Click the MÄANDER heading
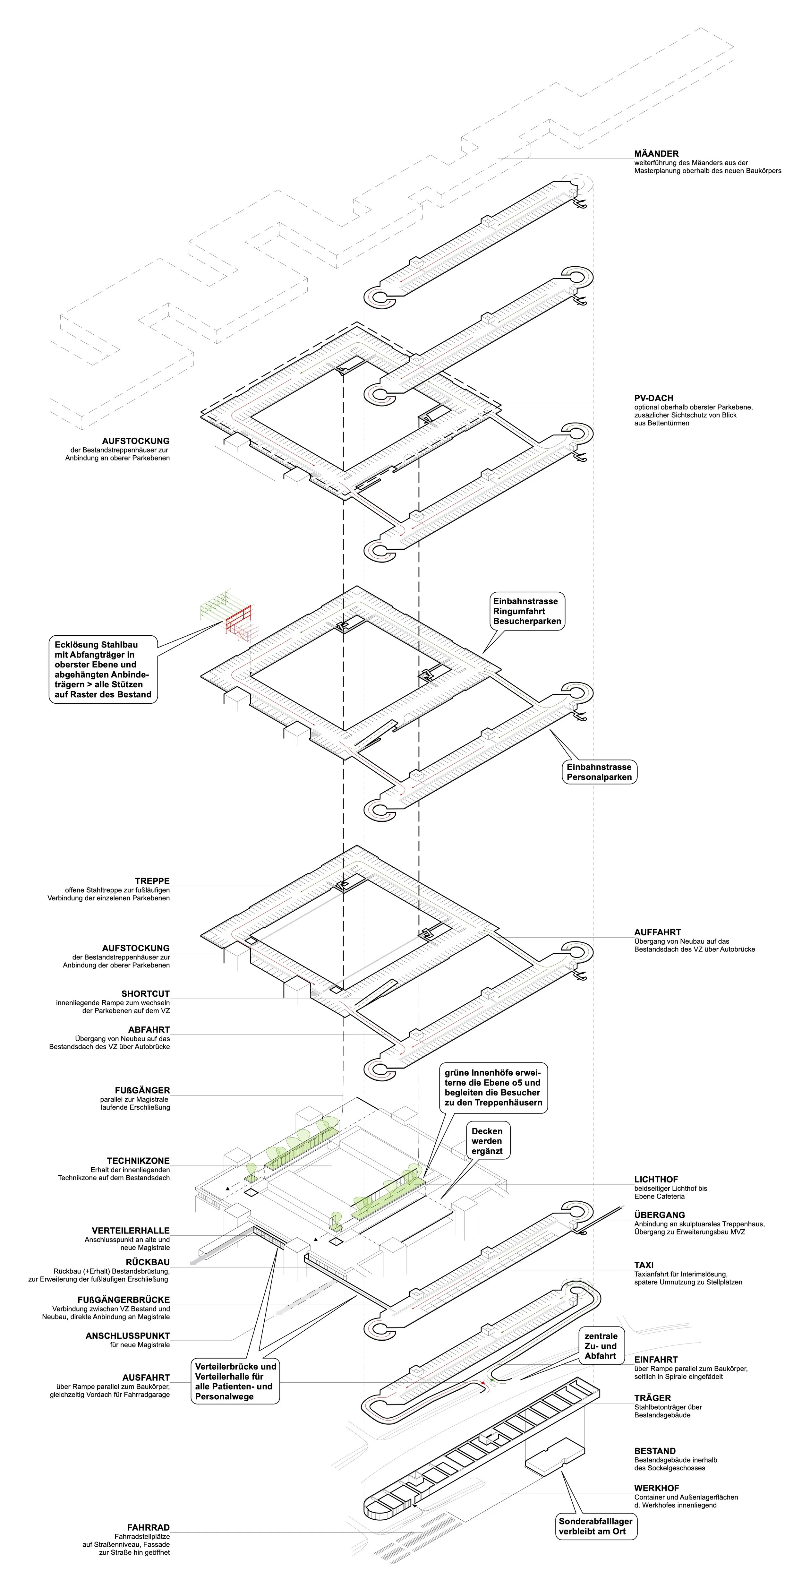pyautogui.click(x=656, y=153)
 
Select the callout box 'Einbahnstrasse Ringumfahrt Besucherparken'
pyautogui.click(x=527, y=611)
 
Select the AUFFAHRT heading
pyautogui.click(x=657, y=932)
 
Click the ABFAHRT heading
pyautogui.click(x=149, y=1030)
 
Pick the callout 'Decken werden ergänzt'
pyautogui.click(x=487, y=1141)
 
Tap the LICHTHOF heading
pyautogui.click(x=656, y=1179)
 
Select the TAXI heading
pyautogui.click(x=644, y=1265)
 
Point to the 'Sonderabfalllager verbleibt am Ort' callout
pyautogui.click(x=595, y=1526)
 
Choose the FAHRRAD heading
pyautogui.click(x=149, y=1527)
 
